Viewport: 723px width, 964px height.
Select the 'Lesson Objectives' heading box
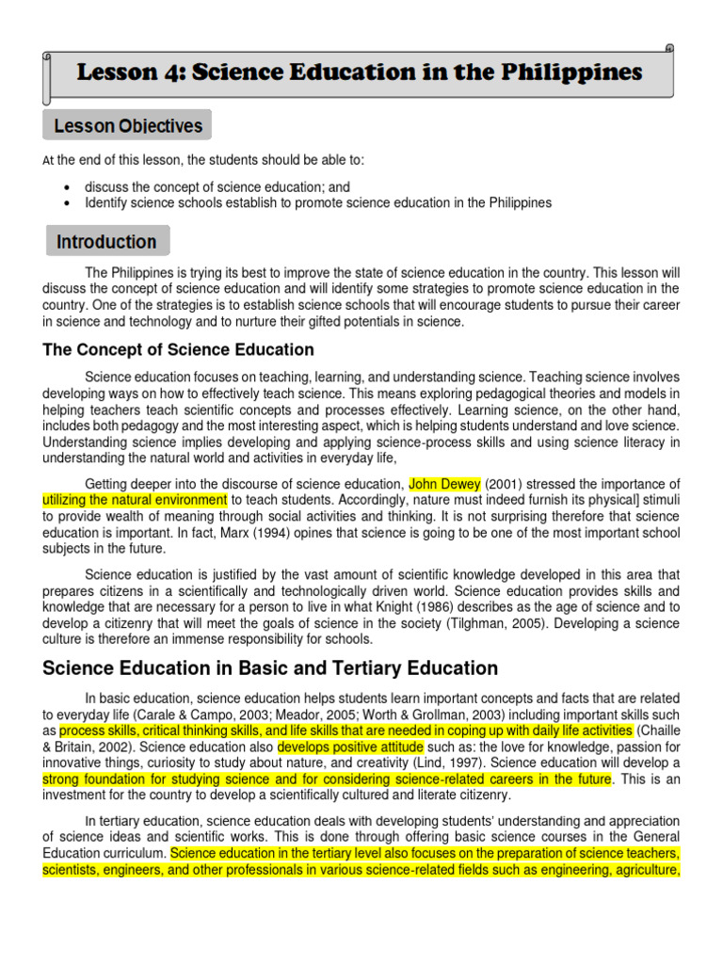point(127,125)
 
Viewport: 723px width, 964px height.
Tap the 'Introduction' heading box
point(106,241)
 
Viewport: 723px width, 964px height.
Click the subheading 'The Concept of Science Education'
point(179,350)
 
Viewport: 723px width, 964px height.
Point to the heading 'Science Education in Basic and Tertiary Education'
point(270,668)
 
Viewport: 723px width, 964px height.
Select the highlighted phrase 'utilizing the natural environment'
point(136,500)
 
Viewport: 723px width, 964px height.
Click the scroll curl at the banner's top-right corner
point(668,49)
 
